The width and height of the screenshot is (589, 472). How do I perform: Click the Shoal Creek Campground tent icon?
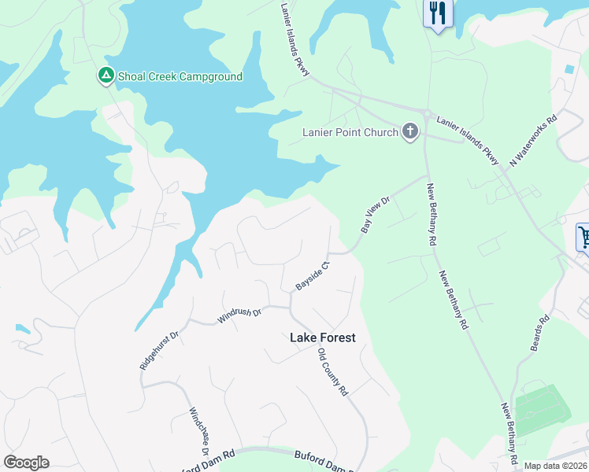coord(106,76)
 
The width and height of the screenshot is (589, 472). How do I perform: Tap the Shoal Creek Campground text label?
coord(180,76)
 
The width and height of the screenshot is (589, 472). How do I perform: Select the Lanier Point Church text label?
coord(350,132)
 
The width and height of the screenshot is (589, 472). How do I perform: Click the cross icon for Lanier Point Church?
coord(409,131)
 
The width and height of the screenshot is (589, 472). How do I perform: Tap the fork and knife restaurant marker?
coord(438,13)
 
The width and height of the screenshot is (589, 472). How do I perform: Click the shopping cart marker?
coord(583,235)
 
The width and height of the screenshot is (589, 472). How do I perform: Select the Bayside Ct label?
coord(311,273)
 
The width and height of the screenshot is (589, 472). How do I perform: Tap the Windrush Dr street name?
coord(239,314)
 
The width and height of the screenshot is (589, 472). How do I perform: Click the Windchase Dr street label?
coord(198,431)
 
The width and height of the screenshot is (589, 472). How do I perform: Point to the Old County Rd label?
coord(332,374)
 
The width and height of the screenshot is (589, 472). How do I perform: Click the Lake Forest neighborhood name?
coord(323,337)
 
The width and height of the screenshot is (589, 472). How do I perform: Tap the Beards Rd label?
coord(540,334)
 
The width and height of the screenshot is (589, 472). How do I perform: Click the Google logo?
coord(26,463)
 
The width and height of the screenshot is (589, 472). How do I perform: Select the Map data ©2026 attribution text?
coord(556,466)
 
